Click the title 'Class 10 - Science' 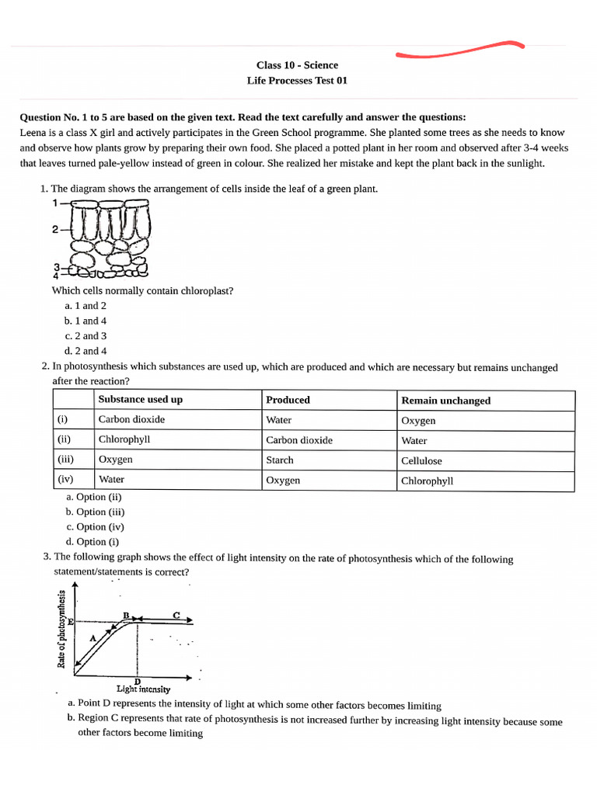[x=297, y=65]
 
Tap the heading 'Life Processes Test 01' [x=297, y=81]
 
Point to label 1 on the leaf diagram [x=55, y=203]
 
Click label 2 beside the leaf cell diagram [x=55, y=230]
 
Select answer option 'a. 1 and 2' [x=86, y=306]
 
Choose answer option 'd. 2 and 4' [x=86, y=351]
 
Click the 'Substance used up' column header [x=141, y=400]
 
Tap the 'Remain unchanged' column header [x=445, y=401]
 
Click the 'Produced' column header [x=288, y=400]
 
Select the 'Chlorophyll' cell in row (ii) [x=124, y=439]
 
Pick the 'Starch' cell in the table [x=280, y=460]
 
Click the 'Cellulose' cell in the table [x=421, y=461]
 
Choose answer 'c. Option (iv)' [x=95, y=526]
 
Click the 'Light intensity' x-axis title [x=143, y=689]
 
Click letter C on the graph [x=176, y=615]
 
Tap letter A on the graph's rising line [x=93, y=637]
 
